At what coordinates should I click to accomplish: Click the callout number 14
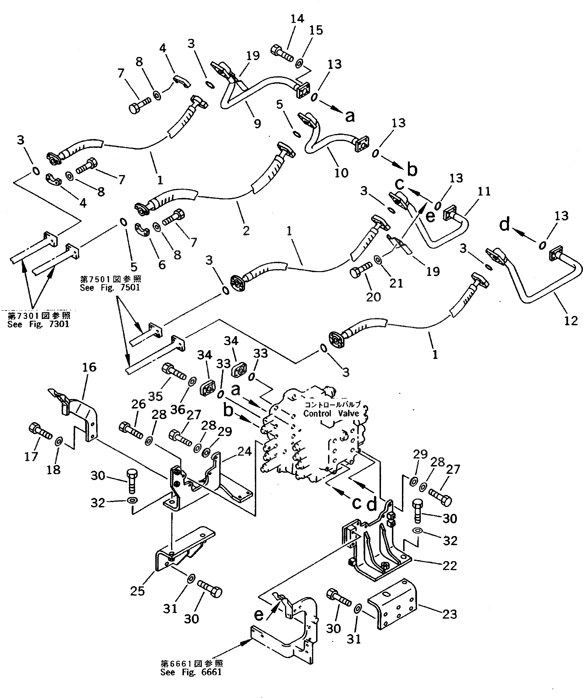point(297,19)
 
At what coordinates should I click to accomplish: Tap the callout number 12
point(571,321)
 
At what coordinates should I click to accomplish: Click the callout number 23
point(450,614)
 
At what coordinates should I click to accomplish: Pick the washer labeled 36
point(192,382)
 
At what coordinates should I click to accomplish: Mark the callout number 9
point(257,124)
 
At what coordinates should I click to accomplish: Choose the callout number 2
point(246,230)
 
